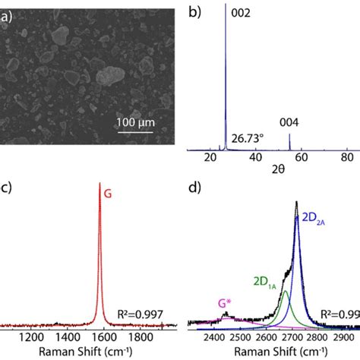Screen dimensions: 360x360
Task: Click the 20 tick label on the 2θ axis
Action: point(210,156)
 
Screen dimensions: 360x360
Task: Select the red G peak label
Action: point(109,194)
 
